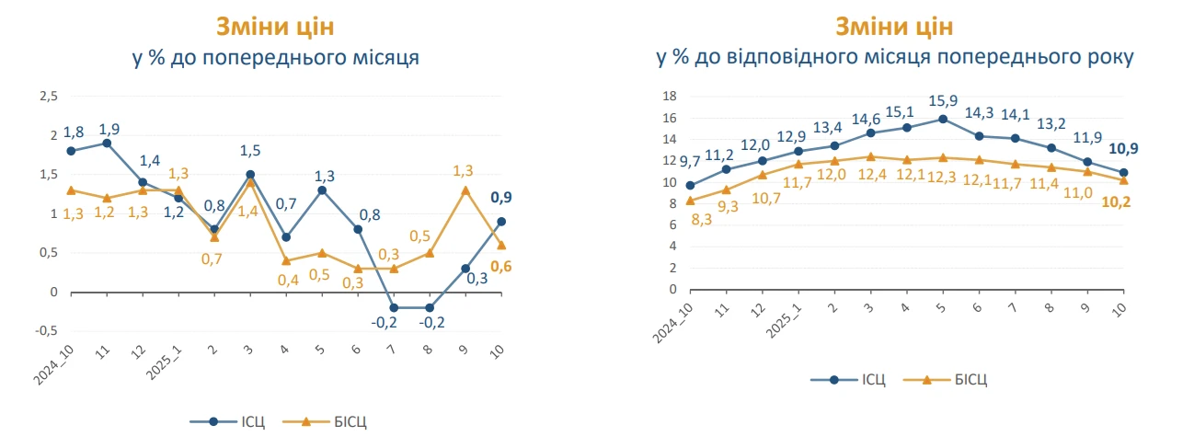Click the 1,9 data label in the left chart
[109, 128]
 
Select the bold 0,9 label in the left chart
[502, 197]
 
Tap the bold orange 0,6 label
[502, 267]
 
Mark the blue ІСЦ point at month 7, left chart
[394, 308]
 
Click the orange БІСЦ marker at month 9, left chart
[465, 190]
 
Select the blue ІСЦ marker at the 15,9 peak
[943, 119]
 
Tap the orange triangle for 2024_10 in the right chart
[690, 200]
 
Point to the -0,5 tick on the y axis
[46, 331]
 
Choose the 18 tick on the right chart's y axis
[670, 97]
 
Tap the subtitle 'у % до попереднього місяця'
[276, 59]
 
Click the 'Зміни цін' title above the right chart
[894, 25]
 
